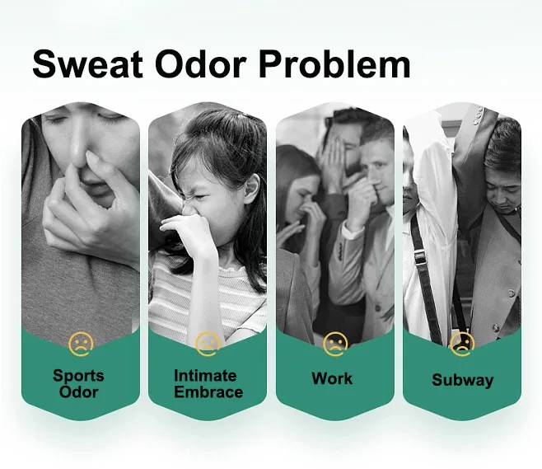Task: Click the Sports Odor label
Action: point(79,382)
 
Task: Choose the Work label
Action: point(332,379)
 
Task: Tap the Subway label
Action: point(462,380)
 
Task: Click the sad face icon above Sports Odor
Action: point(80,342)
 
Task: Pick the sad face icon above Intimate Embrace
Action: point(208,342)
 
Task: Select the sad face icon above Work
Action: point(334,342)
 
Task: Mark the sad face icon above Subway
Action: point(461,342)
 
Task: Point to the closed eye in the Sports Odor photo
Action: point(56,120)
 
